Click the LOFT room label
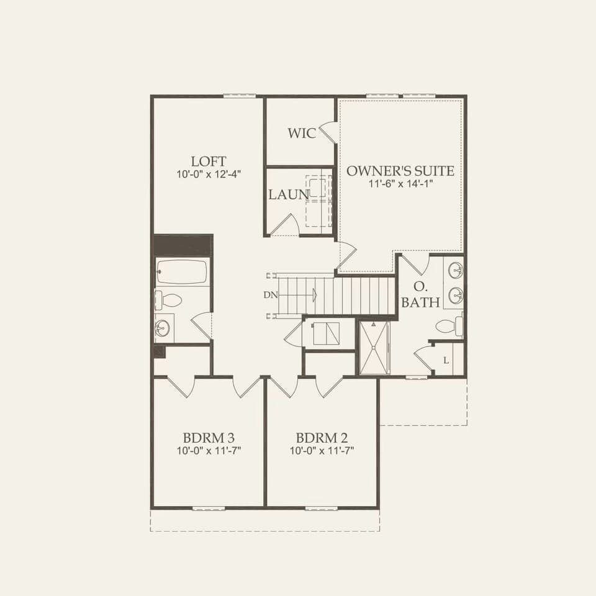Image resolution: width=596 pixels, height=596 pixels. (x=209, y=161)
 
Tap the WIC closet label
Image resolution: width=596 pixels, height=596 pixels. (x=302, y=133)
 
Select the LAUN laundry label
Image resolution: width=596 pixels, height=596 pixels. (x=289, y=194)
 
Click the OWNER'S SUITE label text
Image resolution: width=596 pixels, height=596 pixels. (x=400, y=171)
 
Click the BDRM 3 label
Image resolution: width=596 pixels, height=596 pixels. (x=209, y=436)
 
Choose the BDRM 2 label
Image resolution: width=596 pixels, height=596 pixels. (x=322, y=436)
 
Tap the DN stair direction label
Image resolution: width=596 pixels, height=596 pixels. (x=270, y=296)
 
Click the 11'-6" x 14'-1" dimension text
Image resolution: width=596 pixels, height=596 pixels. (x=400, y=184)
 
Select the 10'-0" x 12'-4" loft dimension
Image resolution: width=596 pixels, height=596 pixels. (x=209, y=174)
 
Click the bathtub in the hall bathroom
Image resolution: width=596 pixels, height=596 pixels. (x=183, y=272)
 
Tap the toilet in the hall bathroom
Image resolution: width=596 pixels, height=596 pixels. (x=168, y=301)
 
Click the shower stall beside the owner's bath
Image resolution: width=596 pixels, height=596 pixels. (x=375, y=348)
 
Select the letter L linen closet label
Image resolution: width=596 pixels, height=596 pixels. (x=446, y=361)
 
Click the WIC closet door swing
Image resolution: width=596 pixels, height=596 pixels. (x=327, y=132)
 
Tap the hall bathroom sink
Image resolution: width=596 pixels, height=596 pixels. (x=163, y=328)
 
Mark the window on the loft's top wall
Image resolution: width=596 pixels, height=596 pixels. (x=240, y=96)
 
